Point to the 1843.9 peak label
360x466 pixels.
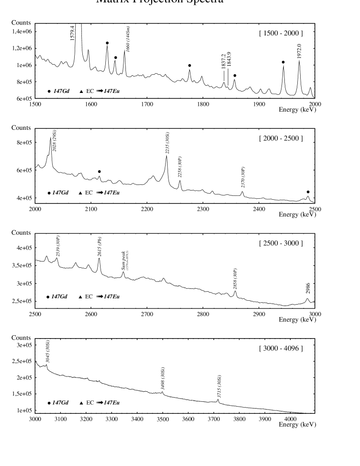point(229,60)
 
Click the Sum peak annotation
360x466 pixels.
point(124,261)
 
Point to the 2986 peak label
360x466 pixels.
point(308,289)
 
